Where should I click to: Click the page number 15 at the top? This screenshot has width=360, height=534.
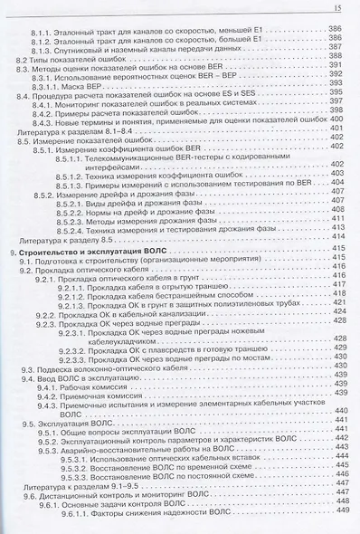coord(336,8)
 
